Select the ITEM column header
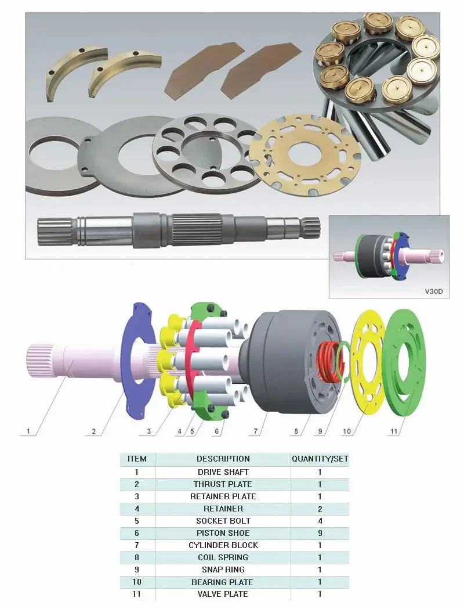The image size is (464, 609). [137, 459]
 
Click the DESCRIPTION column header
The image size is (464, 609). [223, 459]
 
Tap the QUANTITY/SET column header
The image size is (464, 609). [320, 459]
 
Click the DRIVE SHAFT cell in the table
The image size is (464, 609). [223, 472]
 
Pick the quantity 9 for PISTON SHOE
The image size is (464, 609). [320, 533]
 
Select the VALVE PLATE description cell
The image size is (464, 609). [223, 594]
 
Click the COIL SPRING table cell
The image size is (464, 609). [223, 557]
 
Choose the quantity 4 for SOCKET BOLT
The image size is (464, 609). [320, 521]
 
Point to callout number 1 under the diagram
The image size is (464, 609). [28, 431]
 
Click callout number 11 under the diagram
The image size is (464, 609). [394, 431]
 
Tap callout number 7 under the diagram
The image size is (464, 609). [256, 431]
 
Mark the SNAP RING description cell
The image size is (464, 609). [223, 570]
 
